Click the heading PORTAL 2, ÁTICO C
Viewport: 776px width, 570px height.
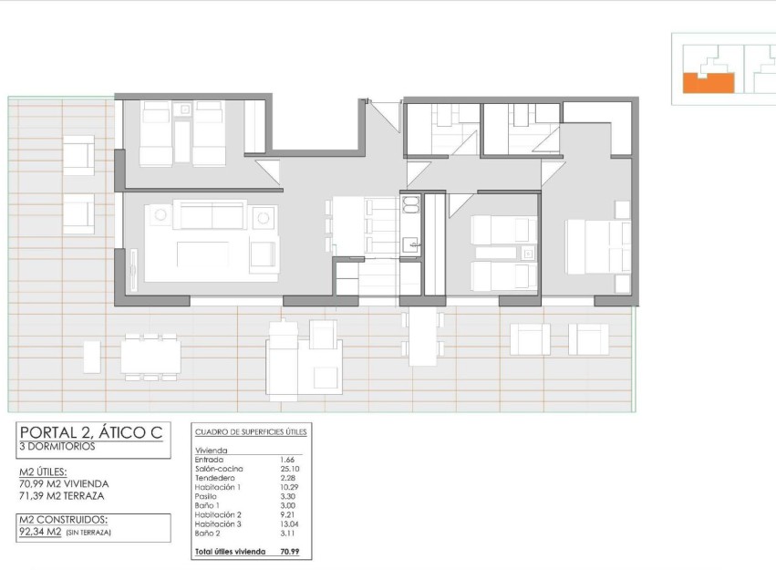(91, 432)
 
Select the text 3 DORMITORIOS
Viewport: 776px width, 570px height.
(57, 447)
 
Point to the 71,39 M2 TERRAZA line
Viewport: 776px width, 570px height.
(62, 496)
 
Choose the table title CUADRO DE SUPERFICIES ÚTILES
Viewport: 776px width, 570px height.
(251, 430)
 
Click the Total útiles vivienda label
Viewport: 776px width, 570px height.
(230, 552)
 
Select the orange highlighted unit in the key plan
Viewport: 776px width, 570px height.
(707, 84)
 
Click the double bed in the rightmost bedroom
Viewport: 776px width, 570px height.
(596, 246)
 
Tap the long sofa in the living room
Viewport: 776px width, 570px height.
(211, 216)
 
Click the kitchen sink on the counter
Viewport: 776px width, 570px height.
(411, 244)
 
